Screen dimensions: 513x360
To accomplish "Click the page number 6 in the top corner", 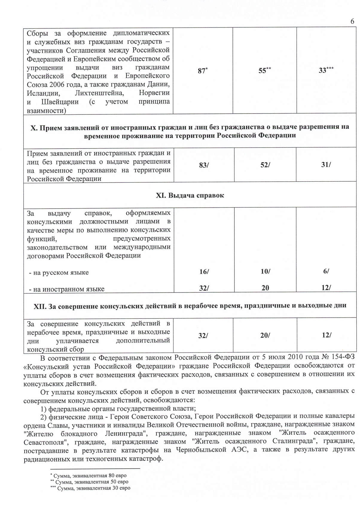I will [x=352, y=21].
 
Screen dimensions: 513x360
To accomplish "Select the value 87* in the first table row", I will [x=202, y=71].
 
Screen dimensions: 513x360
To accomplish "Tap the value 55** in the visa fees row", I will [x=264, y=71].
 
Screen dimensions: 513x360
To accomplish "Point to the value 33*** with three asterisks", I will [x=326, y=71].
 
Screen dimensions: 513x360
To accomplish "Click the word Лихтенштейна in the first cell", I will [x=99, y=93].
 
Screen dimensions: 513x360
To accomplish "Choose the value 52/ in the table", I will [x=265, y=165].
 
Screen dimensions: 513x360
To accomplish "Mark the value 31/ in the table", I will [x=326, y=165].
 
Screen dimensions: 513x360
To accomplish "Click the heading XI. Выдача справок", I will [x=190, y=195].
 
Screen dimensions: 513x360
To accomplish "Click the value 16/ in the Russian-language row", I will [x=204, y=272].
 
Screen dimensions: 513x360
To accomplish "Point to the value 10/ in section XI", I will [x=265, y=271].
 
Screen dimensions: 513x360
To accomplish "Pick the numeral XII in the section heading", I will [x=39, y=305].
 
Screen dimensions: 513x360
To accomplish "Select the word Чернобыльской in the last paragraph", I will [x=201, y=450].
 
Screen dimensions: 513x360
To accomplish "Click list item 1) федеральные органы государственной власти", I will [x=118, y=408].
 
